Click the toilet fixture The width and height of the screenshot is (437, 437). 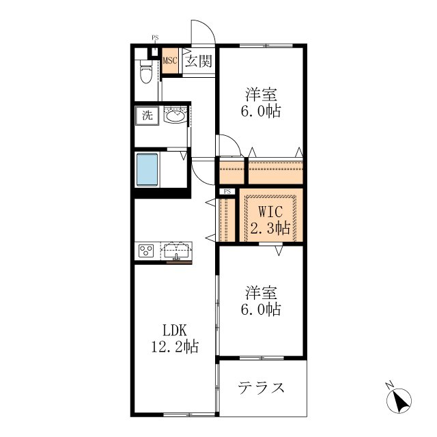coord(146,71)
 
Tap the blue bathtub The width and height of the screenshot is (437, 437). coord(147,169)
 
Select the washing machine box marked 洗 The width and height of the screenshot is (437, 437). coord(147,115)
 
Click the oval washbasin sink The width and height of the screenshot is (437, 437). coord(175,115)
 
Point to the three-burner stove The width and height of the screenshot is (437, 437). coord(146,251)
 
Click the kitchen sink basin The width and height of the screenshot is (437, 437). coord(176,251)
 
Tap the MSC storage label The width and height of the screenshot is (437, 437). coord(170,61)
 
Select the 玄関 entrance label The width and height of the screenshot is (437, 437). coord(199,61)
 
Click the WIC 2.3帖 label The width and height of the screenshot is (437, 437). coord(270,220)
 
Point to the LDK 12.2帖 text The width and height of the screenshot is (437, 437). coord(175,339)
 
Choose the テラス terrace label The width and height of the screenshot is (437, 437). coord(261,388)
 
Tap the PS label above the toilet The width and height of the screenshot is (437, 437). coord(155,38)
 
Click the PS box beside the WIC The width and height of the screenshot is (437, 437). coord(227,191)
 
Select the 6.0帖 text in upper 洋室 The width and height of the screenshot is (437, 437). coord(261,111)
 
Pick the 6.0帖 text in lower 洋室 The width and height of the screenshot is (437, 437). coord(261,309)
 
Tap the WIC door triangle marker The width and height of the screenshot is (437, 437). coord(279,251)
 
